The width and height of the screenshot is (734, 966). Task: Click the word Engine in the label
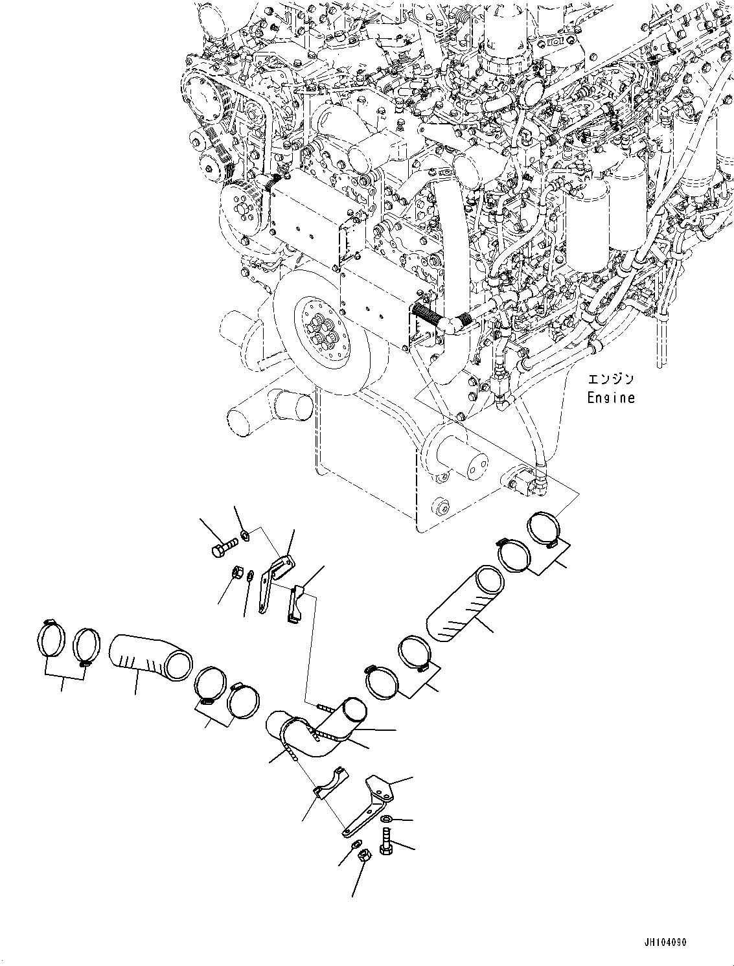coord(610,398)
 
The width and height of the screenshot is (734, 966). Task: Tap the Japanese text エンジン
coord(610,380)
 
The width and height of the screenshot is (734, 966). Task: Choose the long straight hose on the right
coord(464,604)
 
